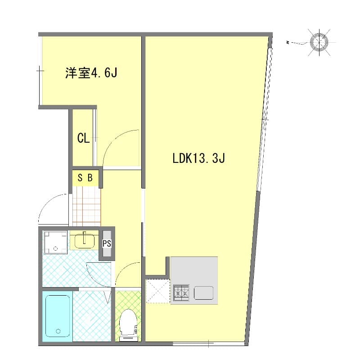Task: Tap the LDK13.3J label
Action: [198, 158]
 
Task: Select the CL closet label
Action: [83, 138]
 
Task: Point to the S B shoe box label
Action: [85, 178]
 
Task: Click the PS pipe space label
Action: [107, 243]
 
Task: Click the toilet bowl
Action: [128, 320]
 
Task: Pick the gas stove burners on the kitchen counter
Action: [181, 292]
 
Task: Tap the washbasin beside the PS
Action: [83, 241]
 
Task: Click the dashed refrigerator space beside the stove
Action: [157, 291]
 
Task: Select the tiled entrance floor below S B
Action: [86, 207]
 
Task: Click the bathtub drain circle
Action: [58, 332]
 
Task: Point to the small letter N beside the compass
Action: [288, 43]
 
